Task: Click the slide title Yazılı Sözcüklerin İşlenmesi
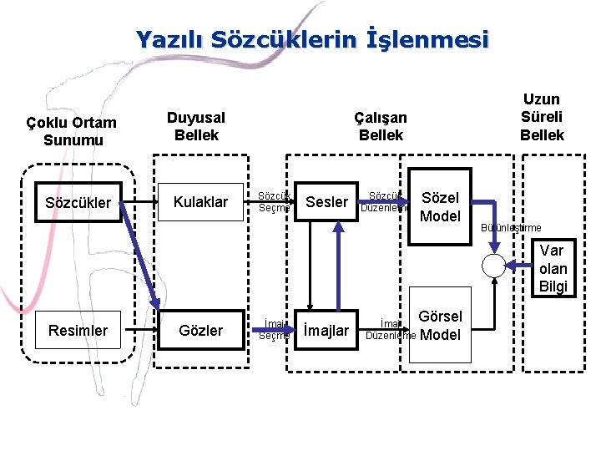311,39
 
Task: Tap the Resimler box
78,330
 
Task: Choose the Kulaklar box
200,202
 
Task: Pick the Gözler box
201,330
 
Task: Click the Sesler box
327,202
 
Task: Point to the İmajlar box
326,331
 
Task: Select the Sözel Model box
440,207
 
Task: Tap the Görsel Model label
440,326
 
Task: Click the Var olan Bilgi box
553,268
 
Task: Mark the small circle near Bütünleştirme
493,266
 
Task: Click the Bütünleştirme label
510,228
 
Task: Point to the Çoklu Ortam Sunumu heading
71,131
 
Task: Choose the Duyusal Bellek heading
196,126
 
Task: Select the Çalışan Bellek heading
381,126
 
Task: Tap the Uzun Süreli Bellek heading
542,117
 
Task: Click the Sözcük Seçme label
273,201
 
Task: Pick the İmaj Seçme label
273,330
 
